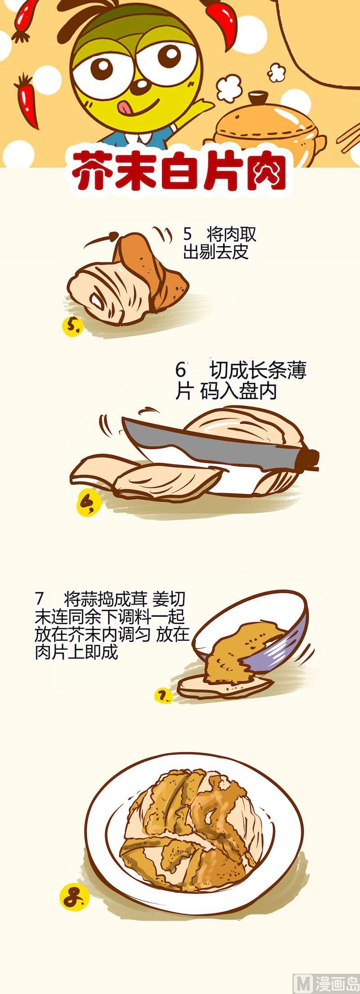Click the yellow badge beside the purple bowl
pyautogui.click(x=163, y=697)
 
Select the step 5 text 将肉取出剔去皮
pyautogui.click(x=220, y=243)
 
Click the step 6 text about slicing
pyautogui.click(x=241, y=381)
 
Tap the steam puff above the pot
pyautogui.click(x=229, y=86)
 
